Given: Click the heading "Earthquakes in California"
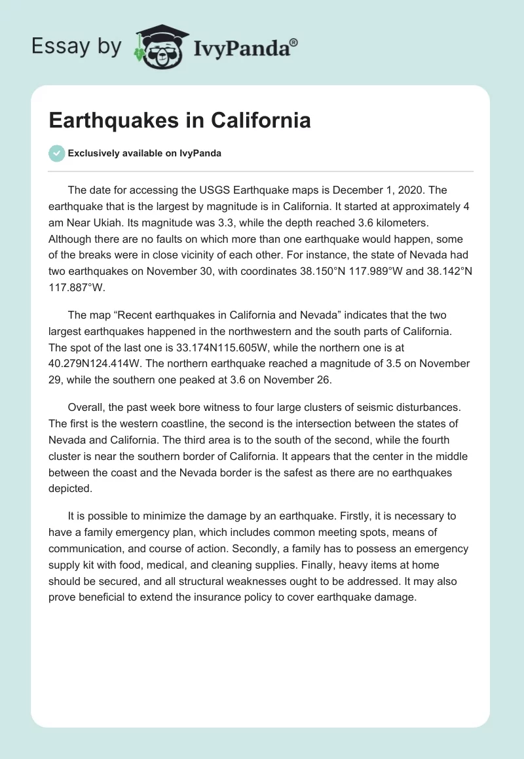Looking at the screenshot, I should tap(179, 121).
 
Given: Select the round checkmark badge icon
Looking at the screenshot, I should tap(56, 153).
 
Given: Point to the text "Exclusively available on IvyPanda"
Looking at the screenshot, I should tap(144, 154).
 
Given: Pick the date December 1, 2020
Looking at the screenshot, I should tap(381, 190).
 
